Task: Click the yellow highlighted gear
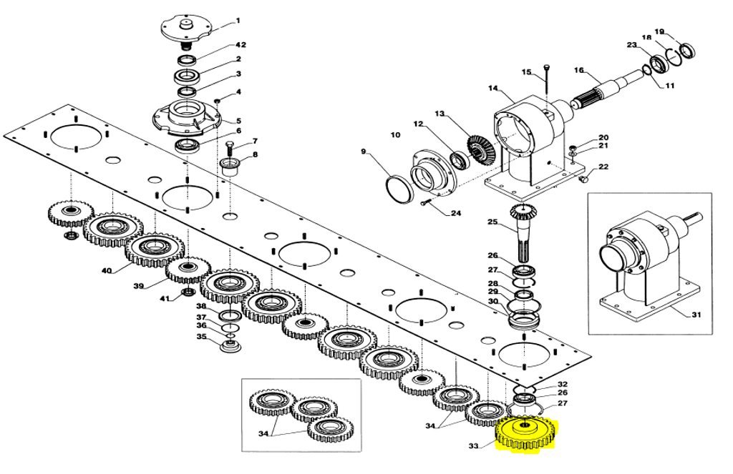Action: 525,432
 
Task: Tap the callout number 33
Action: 474,446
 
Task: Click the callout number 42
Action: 241,45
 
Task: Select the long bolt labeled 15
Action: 547,80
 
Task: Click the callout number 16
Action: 579,70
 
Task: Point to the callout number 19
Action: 659,31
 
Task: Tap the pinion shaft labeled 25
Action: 525,233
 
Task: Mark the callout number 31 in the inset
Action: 696,315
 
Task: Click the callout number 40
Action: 107,270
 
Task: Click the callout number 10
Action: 395,134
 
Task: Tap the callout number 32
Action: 563,385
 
